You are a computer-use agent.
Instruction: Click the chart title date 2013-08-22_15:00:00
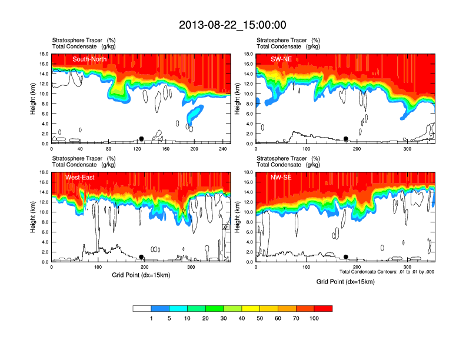[x=232, y=25]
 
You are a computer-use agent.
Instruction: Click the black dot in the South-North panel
[x=141, y=139]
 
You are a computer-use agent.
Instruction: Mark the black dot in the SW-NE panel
[x=346, y=139]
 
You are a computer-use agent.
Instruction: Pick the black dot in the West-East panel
[x=141, y=257]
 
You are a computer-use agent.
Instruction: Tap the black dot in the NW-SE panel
[x=346, y=257]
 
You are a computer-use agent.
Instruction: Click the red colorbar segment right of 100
[x=323, y=308]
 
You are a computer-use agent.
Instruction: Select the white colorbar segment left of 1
[x=142, y=308]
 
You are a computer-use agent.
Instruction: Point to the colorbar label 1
[x=151, y=318]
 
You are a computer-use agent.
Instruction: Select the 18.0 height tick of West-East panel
[x=42, y=172]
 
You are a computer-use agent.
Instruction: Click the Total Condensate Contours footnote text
[x=387, y=272]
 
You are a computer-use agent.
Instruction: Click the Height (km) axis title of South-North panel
[x=33, y=99]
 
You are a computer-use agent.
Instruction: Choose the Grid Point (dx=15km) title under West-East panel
[x=141, y=275]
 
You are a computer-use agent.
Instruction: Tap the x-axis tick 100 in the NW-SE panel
[x=307, y=267]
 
